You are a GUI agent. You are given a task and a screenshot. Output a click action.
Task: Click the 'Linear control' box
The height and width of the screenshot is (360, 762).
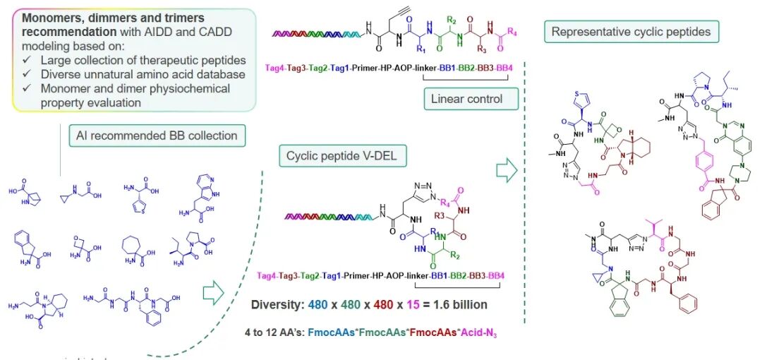[466, 99]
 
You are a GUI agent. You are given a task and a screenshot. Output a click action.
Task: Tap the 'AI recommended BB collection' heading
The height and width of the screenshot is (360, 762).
[157, 136]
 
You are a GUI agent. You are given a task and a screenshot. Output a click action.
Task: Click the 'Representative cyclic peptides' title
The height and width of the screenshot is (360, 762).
[631, 31]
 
